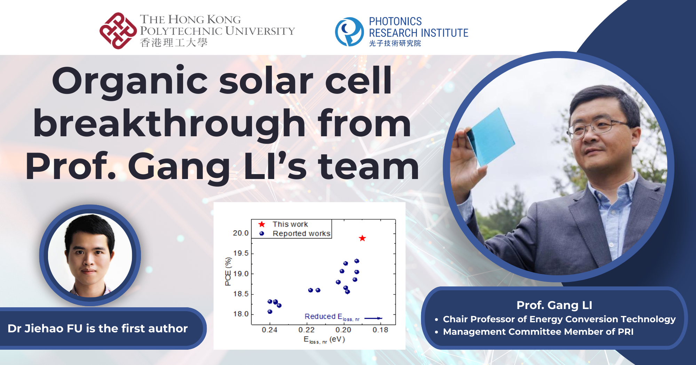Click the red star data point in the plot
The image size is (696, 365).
362,238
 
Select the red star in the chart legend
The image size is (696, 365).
262,224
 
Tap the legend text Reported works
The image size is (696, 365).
301,234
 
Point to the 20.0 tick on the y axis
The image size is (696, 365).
241,233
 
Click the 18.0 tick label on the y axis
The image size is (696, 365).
241,314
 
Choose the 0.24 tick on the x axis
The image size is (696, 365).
269,330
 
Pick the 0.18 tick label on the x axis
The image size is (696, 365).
380,330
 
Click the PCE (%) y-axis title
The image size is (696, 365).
228,271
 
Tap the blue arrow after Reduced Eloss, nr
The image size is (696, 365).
373,318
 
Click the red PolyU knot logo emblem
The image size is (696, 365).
118,31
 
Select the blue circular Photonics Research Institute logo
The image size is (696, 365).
349,32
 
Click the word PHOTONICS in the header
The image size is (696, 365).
395,22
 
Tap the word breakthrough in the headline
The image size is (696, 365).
169,124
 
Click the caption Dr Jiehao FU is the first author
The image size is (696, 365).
97,328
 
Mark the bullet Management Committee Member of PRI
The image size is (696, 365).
538,332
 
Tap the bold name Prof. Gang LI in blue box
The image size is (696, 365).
554,305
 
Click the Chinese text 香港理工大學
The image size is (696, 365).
174,43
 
